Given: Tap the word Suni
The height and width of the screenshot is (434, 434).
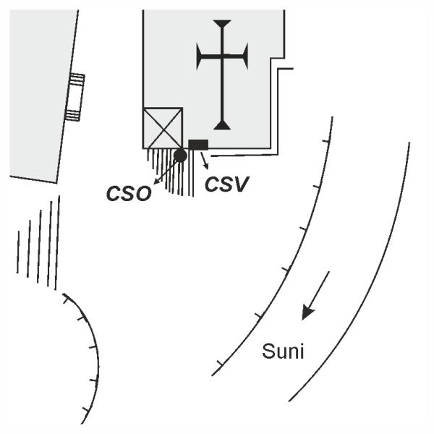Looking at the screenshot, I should pyautogui.click(x=283, y=352).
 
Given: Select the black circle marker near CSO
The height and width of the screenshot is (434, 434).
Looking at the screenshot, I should pyautogui.click(x=180, y=155).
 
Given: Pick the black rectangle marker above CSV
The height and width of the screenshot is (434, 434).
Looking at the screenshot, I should pyautogui.click(x=198, y=144).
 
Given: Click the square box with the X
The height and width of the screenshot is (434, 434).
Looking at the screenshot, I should pyautogui.click(x=163, y=128).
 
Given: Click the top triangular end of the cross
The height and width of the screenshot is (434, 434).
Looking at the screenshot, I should pyautogui.click(x=223, y=25).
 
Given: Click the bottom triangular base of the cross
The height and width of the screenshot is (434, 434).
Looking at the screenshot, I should pyautogui.click(x=223, y=125).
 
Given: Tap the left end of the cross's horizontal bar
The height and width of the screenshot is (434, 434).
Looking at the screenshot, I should pyautogui.click(x=200, y=56).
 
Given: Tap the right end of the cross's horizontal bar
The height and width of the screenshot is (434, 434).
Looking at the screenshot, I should pyautogui.click(x=245, y=56).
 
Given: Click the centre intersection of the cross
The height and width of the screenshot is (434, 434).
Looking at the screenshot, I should pyautogui.click(x=223, y=56).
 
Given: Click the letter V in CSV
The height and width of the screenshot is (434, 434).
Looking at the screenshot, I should pyautogui.click(x=242, y=184).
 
